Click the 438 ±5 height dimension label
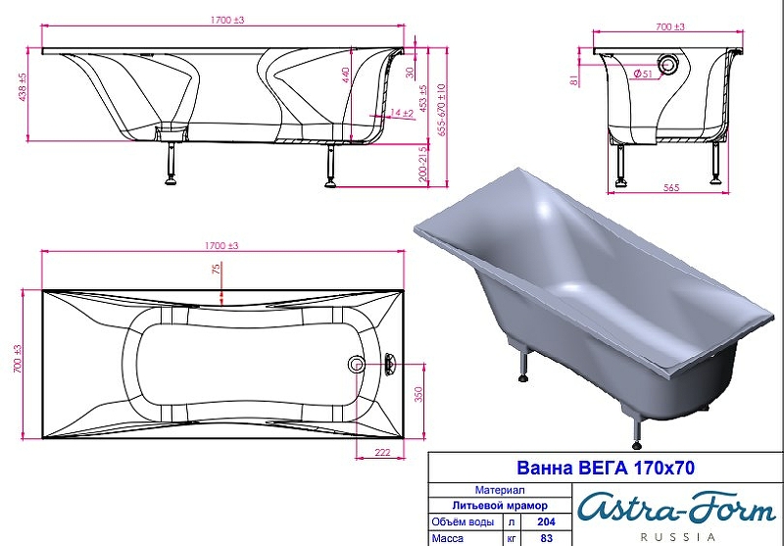[23, 87]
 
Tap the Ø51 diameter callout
[643, 74]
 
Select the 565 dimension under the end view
[671, 187]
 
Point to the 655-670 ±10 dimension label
[441, 110]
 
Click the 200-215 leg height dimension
[423, 163]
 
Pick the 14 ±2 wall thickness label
[402, 113]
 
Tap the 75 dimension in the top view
[216, 269]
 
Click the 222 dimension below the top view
[382, 453]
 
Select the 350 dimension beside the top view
[418, 394]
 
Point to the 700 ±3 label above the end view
[670, 27]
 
